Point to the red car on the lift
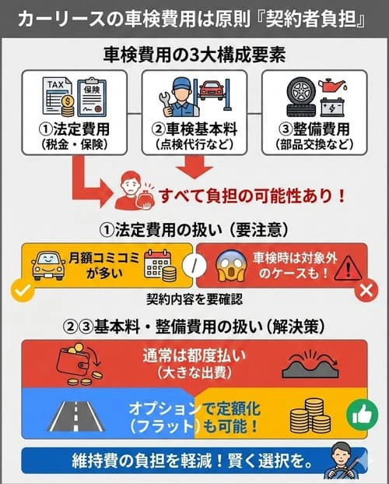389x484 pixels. point(214,89)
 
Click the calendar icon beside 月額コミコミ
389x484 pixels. point(160,264)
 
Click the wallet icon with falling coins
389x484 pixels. point(79,366)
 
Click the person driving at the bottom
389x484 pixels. point(344,461)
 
